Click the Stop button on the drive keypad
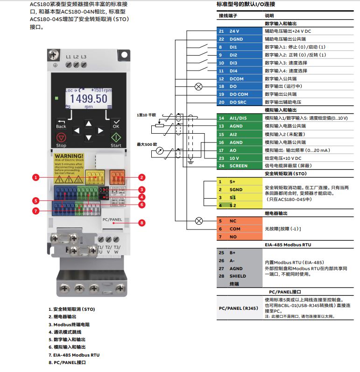tap(61, 138)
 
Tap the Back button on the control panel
tap(61, 123)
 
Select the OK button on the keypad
tap(116, 123)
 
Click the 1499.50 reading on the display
tap(89, 99)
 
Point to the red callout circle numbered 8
tap(142, 222)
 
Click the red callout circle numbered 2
tap(142, 177)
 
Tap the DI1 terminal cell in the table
tap(243, 47)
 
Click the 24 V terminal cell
tap(243, 31)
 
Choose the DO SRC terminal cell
tap(243, 102)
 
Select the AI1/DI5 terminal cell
tap(243, 118)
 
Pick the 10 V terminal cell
tap(243, 158)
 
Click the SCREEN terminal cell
tap(243, 166)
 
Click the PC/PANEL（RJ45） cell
tap(238, 308)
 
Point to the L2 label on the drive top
tap(76, 57)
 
